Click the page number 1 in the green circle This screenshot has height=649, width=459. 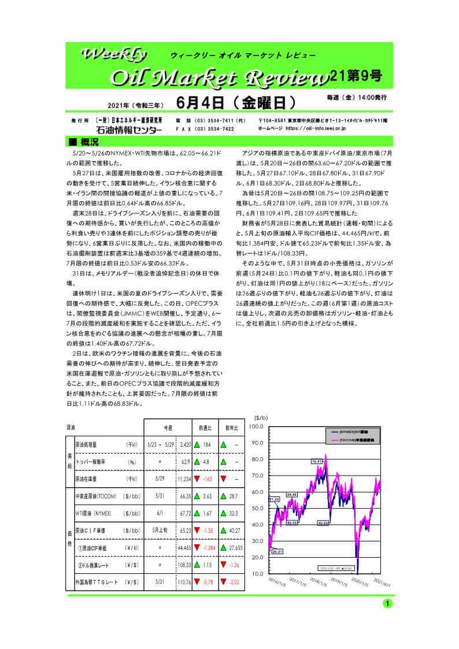point(387,603)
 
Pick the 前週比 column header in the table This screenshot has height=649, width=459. point(204,428)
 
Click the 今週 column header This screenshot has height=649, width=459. point(168,428)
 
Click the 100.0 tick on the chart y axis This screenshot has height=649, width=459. point(256,426)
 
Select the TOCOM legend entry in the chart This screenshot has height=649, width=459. point(350,440)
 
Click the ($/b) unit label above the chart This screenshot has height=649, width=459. point(261,418)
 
